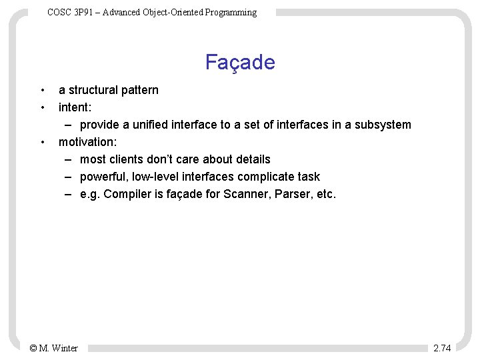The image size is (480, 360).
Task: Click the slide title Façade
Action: point(240,62)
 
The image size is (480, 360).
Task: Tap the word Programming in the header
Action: point(231,12)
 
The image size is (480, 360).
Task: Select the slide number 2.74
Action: point(442,348)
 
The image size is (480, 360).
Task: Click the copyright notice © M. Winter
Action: point(54,348)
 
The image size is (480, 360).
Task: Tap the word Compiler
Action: point(127,194)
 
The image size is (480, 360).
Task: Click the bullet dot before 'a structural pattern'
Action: point(42,90)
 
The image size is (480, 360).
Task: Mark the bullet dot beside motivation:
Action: point(42,142)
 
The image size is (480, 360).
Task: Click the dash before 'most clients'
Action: point(69,159)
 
